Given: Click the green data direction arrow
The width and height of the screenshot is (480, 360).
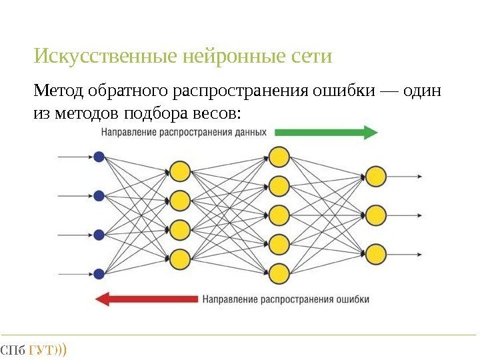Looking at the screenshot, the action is coord(326,133).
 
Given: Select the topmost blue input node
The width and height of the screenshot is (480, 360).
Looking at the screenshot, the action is coord(99,157).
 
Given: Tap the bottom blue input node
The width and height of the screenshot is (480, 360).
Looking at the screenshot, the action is coord(99,273).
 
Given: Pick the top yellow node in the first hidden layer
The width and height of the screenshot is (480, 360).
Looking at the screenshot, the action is coord(179,171).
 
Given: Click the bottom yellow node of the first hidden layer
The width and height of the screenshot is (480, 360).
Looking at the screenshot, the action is coord(179,258).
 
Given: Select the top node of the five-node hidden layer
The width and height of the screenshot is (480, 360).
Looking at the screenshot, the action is coord(279,157).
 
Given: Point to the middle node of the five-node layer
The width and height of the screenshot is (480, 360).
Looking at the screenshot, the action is coord(279,215).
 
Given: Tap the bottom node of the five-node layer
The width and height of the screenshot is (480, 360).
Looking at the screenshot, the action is coord(279,273).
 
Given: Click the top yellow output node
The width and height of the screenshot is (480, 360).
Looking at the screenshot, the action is coord(376,177).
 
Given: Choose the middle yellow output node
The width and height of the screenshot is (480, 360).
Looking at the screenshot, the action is coord(376,215).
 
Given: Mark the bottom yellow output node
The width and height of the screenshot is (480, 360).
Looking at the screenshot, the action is coord(376,254).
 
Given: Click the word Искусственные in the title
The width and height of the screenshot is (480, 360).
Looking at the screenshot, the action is coord(105,57).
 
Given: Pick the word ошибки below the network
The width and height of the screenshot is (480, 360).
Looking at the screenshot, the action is coord(350,299).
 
